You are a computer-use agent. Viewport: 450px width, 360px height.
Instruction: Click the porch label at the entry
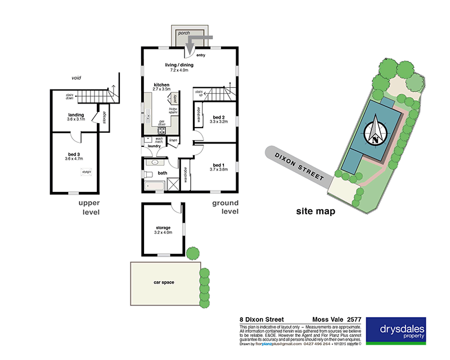coord(183,33)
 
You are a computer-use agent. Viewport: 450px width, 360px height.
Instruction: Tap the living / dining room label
coord(179,65)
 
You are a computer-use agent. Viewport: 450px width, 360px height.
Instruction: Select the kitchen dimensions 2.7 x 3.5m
coord(162,89)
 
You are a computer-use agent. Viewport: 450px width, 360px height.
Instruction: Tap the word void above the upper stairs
coord(77,78)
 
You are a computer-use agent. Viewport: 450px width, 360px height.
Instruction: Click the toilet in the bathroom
coord(149,164)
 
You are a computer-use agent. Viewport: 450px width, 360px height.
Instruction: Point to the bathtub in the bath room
coord(152,184)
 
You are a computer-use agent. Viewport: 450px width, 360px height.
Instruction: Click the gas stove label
coord(162,124)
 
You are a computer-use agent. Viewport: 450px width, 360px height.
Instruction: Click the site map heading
coord(316,212)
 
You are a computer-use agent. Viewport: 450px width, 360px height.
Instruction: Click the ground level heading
coord(225,207)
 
